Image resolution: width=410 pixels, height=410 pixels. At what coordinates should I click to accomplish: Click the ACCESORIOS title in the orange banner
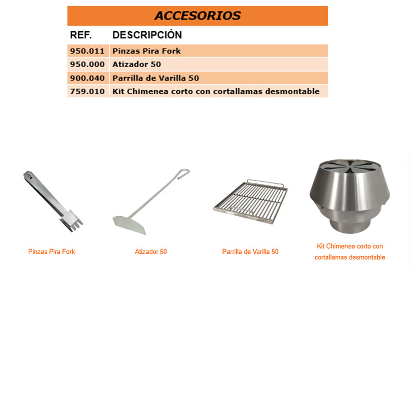197,15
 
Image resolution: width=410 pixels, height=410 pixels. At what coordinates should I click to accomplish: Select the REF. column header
80,35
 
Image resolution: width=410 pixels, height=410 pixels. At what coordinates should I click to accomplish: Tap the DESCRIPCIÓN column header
147,35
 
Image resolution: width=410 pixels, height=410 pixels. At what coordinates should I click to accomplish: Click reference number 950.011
87,51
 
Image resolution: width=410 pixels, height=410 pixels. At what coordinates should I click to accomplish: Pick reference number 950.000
87,65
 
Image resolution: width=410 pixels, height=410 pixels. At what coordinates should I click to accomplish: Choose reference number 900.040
87,78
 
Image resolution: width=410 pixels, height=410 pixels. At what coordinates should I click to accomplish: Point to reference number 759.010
87,92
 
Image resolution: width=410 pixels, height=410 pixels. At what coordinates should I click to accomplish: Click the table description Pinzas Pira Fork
147,51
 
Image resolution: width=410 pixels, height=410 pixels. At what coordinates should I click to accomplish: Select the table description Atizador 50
136,65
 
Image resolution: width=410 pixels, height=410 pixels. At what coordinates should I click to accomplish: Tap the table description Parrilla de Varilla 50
156,78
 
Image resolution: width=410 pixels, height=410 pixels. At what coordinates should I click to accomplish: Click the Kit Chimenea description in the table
216,92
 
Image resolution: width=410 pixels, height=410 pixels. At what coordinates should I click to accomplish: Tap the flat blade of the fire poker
129,223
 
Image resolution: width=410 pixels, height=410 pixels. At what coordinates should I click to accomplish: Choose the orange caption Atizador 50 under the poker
151,252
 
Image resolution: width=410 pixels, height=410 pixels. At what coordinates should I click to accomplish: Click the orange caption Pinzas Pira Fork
51,252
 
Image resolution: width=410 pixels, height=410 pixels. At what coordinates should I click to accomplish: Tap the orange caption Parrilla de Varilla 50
250,252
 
